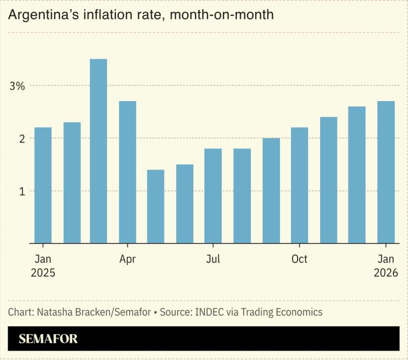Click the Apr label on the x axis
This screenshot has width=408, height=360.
pos(128,259)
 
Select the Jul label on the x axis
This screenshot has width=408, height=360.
pos(213,259)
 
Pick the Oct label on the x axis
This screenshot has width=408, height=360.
pos(299,259)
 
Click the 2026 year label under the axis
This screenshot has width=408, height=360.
pos(385,273)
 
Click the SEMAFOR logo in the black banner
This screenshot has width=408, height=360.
pos(49,338)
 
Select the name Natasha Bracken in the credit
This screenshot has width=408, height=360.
pos(71,312)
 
